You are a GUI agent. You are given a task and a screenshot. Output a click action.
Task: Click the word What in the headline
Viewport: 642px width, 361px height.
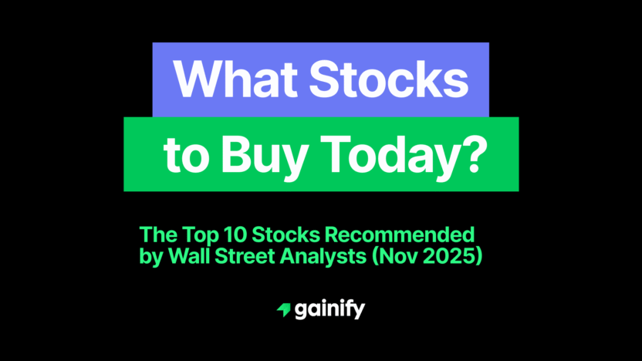227,79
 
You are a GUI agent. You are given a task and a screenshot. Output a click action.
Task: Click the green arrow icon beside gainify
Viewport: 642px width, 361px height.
283,310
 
